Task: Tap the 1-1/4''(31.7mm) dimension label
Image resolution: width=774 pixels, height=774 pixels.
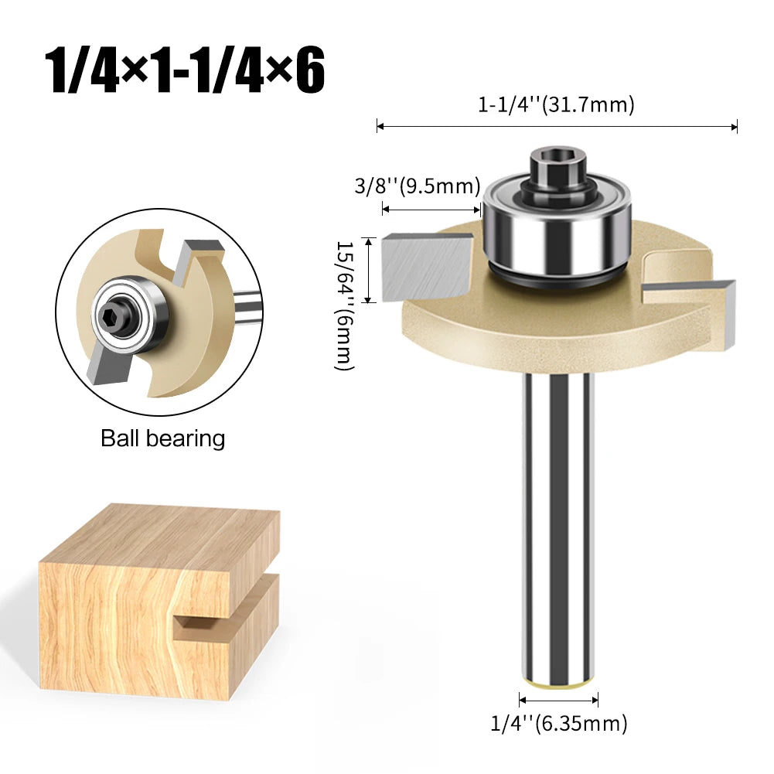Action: coord(556,104)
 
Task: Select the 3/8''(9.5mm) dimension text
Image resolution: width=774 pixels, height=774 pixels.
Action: coord(418,186)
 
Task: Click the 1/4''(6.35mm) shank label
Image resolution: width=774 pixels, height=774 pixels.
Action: coord(558,724)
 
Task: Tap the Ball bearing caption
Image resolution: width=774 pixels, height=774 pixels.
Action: coord(163,439)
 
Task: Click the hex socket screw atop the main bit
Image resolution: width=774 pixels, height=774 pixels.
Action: coord(557,166)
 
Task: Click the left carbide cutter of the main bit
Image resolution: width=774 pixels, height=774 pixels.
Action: coord(425,267)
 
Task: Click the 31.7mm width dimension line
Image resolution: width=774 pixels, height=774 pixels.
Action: coord(557,126)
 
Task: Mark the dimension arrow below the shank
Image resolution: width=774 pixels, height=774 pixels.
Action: coord(558,701)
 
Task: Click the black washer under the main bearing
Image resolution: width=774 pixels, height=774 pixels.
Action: coord(556,275)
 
